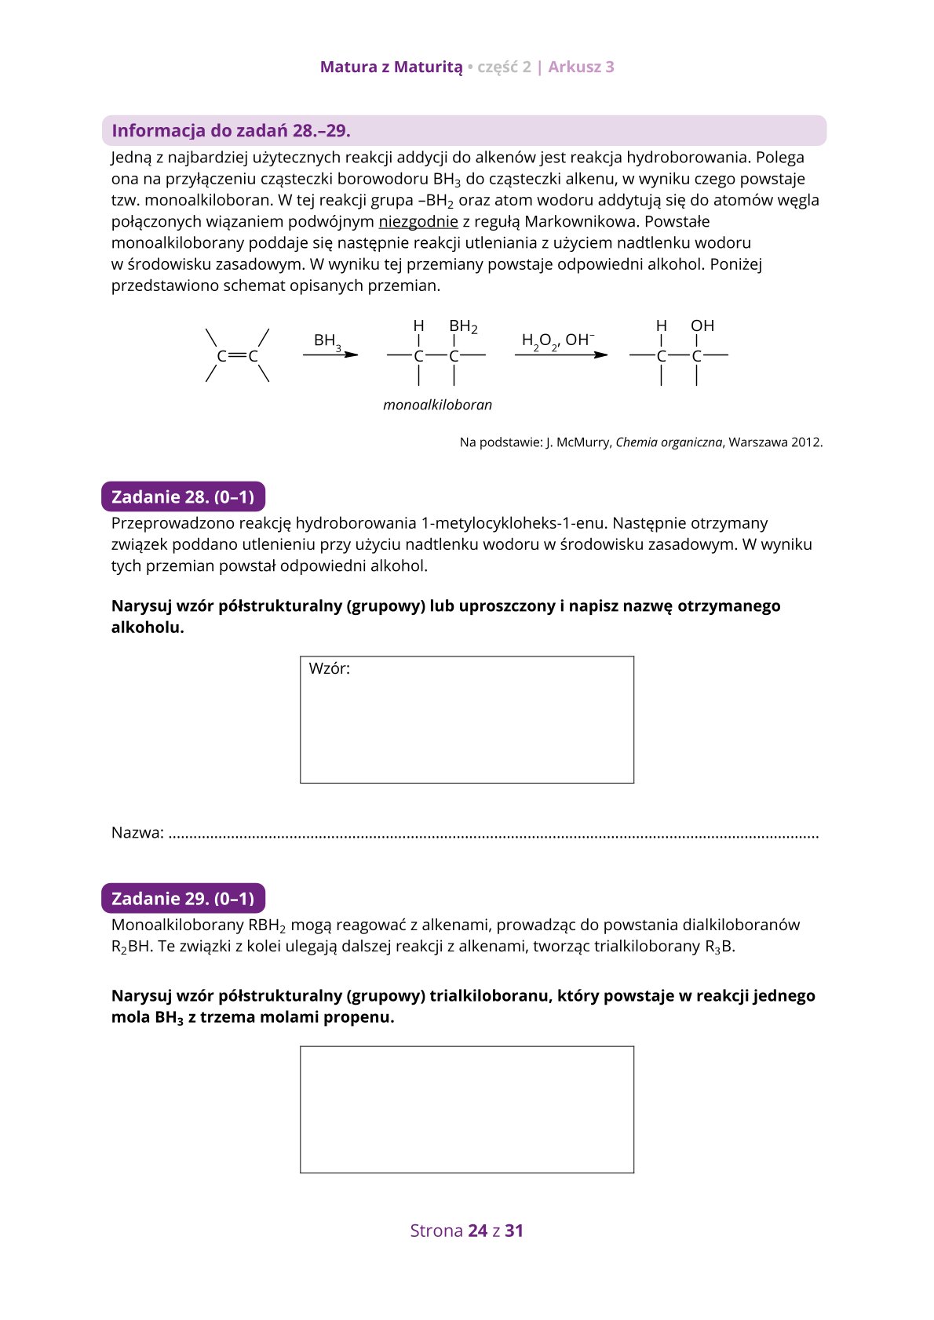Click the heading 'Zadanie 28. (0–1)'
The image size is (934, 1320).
click(183, 496)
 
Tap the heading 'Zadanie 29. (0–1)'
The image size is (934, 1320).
click(183, 898)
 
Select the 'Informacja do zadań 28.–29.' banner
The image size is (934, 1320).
click(231, 130)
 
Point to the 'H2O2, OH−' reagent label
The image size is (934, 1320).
click(557, 340)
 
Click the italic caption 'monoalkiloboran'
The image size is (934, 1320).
click(437, 405)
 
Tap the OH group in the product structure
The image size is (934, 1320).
click(702, 325)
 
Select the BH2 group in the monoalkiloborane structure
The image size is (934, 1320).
click(462, 326)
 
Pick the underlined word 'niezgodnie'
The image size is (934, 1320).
click(418, 222)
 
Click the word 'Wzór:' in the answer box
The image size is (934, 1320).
click(330, 668)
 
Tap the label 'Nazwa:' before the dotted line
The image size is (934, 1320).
click(137, 832)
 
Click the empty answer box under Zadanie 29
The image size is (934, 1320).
click(466, 1109)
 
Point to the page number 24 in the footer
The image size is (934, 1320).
click(477, 1231)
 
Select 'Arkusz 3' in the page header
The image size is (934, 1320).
click(581, 67)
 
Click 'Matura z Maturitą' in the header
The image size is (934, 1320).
click(391, 67)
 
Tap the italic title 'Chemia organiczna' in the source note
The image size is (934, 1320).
click(668, 442)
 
